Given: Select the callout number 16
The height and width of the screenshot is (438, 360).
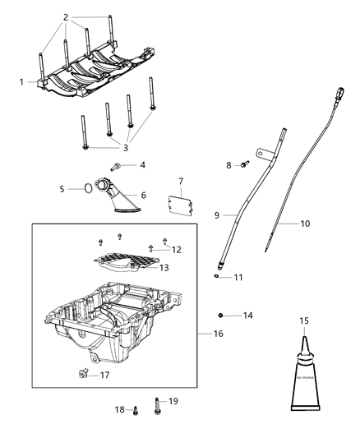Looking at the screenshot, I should pos(218,334).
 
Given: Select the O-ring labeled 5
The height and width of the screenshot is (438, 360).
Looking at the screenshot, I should pos(85,190).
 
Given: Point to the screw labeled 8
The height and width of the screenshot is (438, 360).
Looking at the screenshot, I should pos(243,166).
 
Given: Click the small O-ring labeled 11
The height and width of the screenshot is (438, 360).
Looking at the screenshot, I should pos(215,276).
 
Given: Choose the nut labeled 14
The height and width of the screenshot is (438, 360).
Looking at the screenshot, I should pos(221,315).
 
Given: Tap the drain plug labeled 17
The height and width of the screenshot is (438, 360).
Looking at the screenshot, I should pos(82,375).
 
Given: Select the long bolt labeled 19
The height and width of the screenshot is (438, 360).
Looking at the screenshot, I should pos(155,405).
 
